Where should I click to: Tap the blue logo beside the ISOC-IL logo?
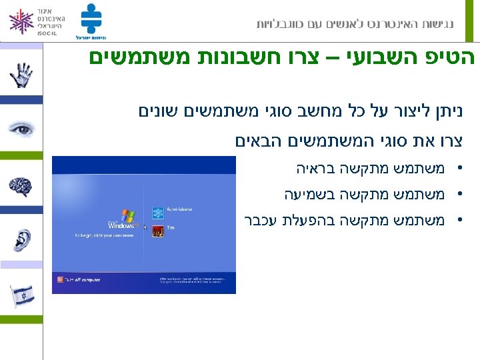click(x=91, y=20)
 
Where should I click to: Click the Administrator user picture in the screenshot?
click(x=158, y=213)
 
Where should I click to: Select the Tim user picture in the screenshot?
click(x=158, y=231)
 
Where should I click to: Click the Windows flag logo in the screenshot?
click(x=127, y=217)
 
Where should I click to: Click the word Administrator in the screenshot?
click(x=180, y=209)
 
